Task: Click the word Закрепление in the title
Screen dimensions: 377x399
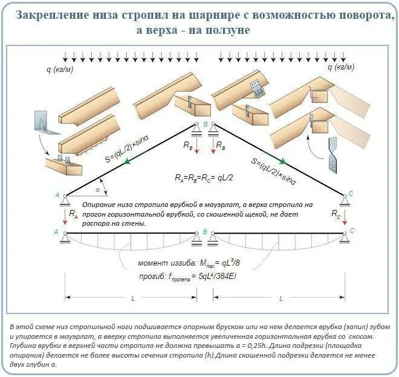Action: pos(49,15)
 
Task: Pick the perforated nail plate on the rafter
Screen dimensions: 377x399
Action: pos(256,88)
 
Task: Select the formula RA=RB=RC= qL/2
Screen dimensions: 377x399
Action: pos(204,178)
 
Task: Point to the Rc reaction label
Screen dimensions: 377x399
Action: pos(337,214)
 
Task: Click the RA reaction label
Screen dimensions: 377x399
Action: pos(73,214)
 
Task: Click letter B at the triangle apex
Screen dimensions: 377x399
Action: pos(204,124)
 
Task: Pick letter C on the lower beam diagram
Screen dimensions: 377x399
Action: pos(352,231)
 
